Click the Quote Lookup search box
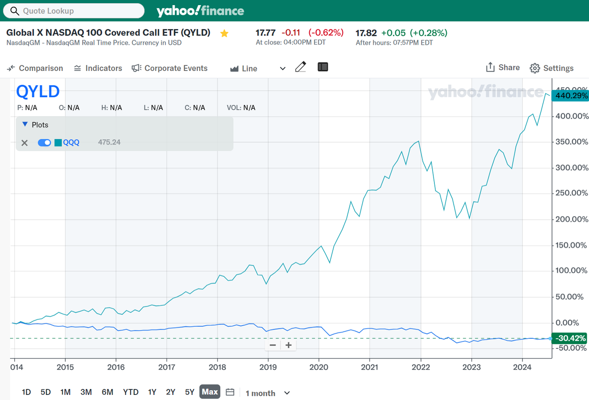(x=74, y=11)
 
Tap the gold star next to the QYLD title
(x=224, y=33)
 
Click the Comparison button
(x=35, y=68)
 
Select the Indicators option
(x=98, y=68)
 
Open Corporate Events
(x=169, y=68)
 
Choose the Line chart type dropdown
(x=258, y=69)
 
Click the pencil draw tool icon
(x=300, y=67)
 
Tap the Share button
(x=502, y=68)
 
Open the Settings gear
(x=551, y=68)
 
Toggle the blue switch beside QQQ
(x=44, y=142)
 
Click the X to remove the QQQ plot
(x=25, y=143)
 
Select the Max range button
(x=209, y=392)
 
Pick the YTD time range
(x=131, y=392)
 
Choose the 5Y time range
(x=190, y=392)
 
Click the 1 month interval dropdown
(x=267, y=393)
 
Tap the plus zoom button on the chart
(x=289, y=345)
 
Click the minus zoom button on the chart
(x=273, y=345)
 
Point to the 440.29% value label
(x=571, y=96)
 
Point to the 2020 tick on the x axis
(x=319, y=367)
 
